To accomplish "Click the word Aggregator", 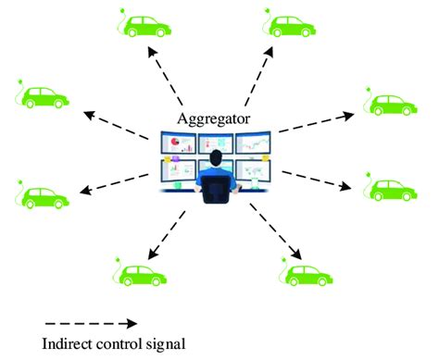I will point(216,119).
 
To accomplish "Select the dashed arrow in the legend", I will point(89,323).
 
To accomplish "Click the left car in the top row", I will point(149,26).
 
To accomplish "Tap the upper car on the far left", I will point(45,97).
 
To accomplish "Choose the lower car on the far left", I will point(45,197).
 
